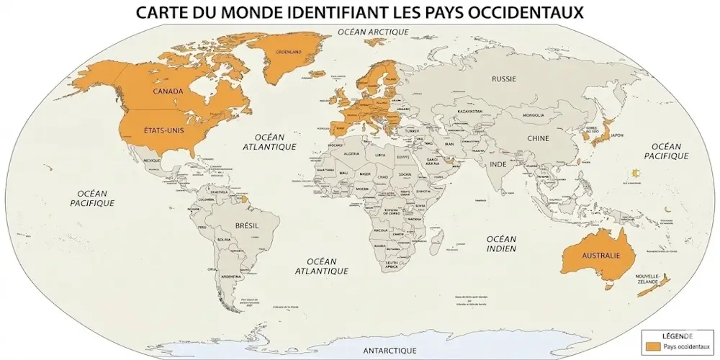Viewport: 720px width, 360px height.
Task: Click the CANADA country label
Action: pyautogui.click(x=167, y=91)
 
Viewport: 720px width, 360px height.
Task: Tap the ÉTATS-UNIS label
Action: pyautogui.click(x=161, y=132)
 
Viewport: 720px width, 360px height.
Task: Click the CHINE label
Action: pyautogui.click(x=538, y=138)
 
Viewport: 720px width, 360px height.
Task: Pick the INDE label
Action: pyautogui.click(x=498, y=164)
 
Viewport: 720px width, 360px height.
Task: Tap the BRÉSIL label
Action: pyautogui.click(x=247, y=225)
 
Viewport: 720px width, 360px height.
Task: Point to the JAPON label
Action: pyautogui.click(x=617, y=135)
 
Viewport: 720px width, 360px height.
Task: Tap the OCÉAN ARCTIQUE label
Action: pyautogui.click(x=373, y=32)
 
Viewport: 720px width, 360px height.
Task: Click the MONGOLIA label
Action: pyautogui.click(x=533, y=115)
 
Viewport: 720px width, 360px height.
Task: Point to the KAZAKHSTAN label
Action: pyautogui.click(x=469, y=112)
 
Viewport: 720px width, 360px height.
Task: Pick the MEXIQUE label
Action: pyautogui.click(x=152, y=160)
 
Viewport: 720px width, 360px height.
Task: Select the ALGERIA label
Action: pyautogui.click(x=352, y=153)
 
